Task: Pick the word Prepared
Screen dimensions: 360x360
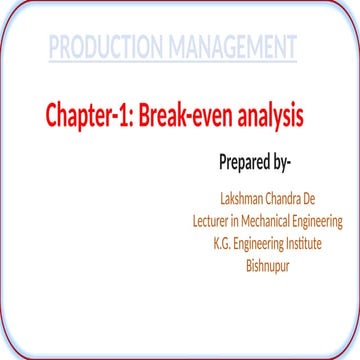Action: [x=245, y=162]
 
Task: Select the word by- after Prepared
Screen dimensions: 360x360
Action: [x=291, y=162]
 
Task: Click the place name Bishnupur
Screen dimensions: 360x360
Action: [x=267, y=266]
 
